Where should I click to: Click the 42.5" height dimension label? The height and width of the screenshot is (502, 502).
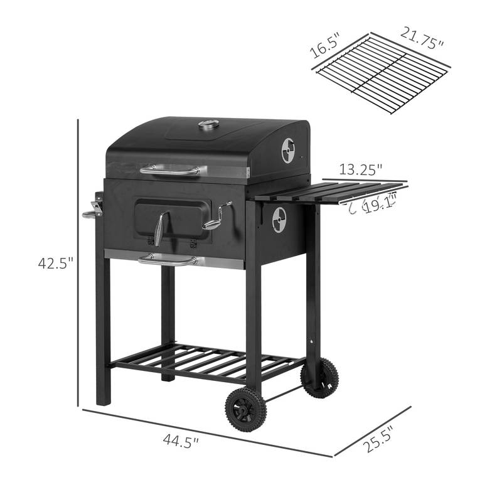click(x=55, y=264)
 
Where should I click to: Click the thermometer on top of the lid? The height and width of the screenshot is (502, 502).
click(x=208, y=125)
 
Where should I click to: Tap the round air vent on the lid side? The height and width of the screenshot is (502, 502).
click(x=288, y=150)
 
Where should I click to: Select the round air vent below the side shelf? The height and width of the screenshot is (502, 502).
click(x=279, y=220)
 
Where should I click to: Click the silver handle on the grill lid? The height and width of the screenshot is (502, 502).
click(x=173, y=169)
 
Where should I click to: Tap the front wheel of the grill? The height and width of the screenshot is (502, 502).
click(x=245, y=409)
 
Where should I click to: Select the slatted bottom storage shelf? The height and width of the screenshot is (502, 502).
click(x=207, y=362)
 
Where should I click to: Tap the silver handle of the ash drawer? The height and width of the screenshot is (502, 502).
click(x=167, y=259)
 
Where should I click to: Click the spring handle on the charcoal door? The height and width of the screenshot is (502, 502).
click(x=161, y=228)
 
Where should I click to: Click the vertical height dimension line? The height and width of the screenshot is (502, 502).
click(x=79, y=264)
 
